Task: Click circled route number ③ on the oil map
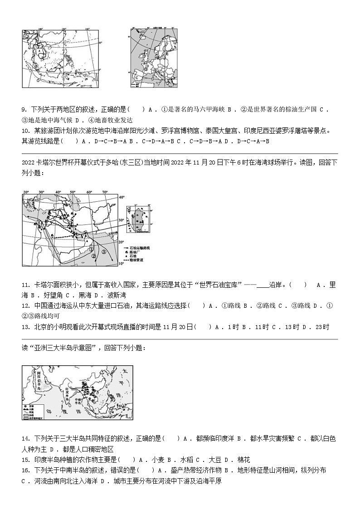(104, 252)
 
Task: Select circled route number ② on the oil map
(94, 256)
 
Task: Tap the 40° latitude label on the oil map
(121, 198)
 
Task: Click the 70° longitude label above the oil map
(105, 192)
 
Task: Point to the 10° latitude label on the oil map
(121, 263)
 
